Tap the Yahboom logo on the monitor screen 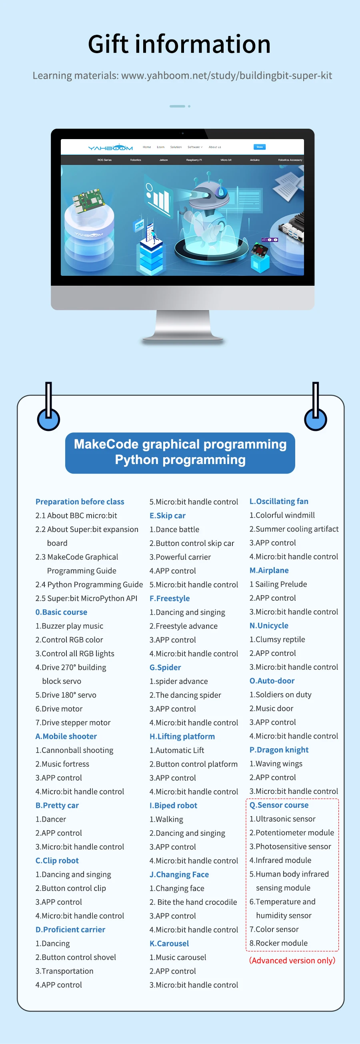click(110, 147)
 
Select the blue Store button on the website click(260, 147)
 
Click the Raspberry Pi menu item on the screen click(194, 160)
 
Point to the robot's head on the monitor click(208, 193)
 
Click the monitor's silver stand click(183, 326)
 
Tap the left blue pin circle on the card click(49, 419)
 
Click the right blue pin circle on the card click(316, 419)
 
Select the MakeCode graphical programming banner click(180, 453)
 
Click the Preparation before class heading click(80, 502)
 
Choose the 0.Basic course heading click(61, 612)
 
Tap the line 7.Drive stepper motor click(73, 722)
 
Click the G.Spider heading click(165, 667)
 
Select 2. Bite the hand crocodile click(193, 902)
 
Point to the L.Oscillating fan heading click(279, 501)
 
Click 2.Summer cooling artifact click(294, 529)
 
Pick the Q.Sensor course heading click(279, 805)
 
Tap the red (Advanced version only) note click(292, 960)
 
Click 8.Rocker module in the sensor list click(278, 943)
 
